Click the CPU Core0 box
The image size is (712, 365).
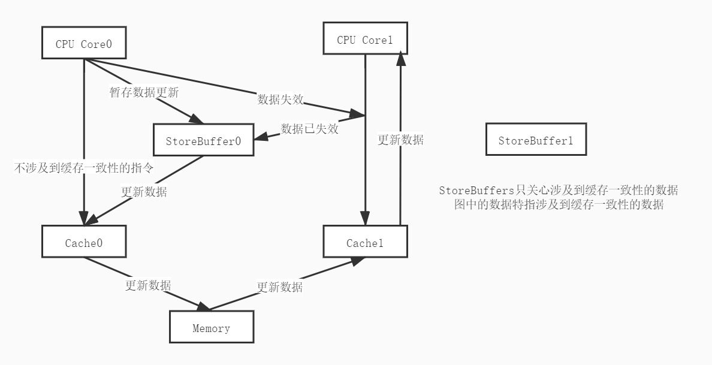[84, 43]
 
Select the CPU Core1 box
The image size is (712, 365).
[365, 39]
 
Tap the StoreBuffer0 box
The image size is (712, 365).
[203, 140]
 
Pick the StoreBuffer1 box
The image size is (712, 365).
[536, 140]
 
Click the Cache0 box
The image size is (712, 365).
[84, 242]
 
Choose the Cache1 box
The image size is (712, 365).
[365, 242]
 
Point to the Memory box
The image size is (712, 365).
[211, 327]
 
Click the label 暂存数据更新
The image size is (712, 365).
[144, 92]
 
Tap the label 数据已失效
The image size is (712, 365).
[310, 128]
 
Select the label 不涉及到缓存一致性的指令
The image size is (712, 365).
[83, 168]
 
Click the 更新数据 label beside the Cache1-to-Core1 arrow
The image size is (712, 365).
[400, 140]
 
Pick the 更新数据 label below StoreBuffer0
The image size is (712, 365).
[144, 192]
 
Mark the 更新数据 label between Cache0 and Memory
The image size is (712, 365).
[148, 285]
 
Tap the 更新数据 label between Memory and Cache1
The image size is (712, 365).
[280, 286]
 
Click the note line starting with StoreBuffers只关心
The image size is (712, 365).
[558, 191]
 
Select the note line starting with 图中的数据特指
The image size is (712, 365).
[559, 204]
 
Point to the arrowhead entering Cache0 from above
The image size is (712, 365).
[84, 219]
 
